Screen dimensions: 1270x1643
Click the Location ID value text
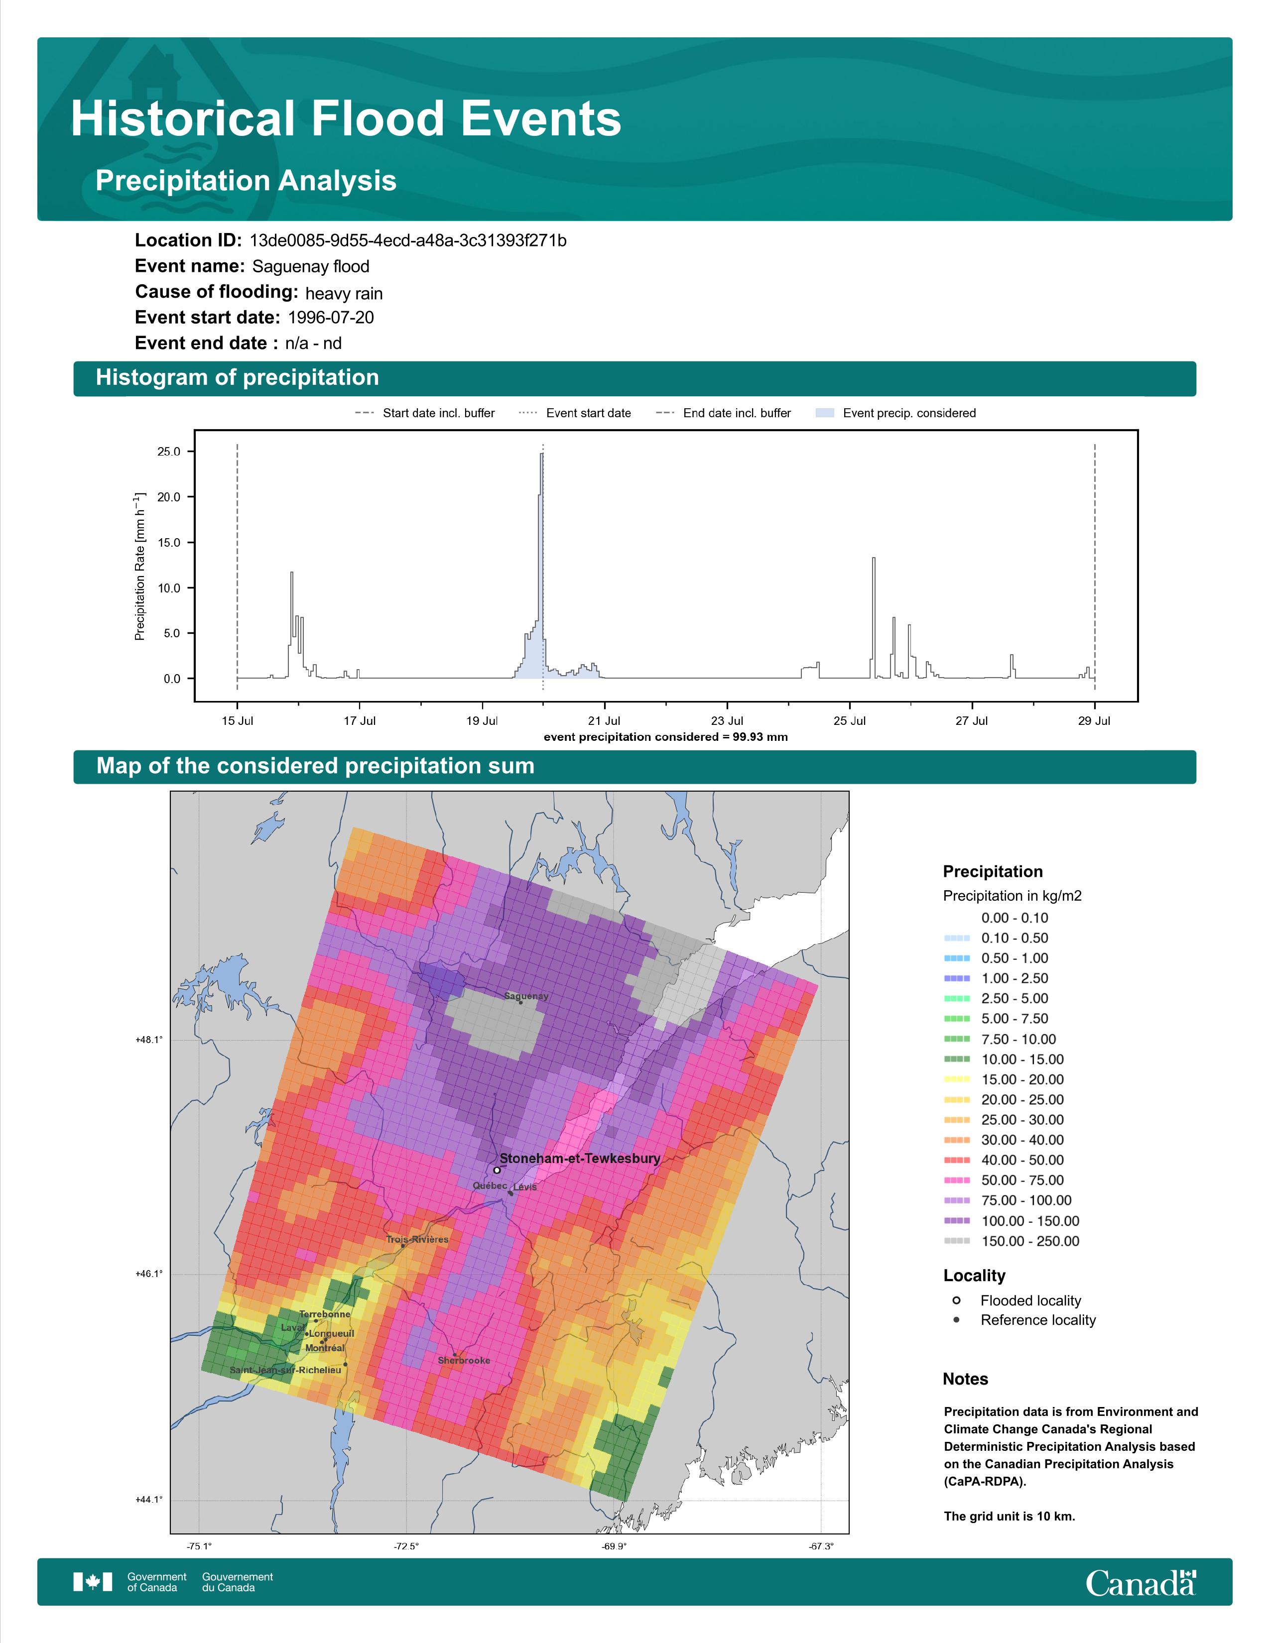pos(408,241)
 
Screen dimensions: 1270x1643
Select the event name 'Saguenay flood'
pos(311,266)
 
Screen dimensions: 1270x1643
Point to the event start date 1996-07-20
pos(331,318)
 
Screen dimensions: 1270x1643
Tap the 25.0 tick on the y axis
pos(168,452)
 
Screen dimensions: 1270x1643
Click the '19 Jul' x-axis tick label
pos(482,721)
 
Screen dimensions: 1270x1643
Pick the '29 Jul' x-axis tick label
pos(1094,721)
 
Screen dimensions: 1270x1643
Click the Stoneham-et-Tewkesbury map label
pos(579,1159)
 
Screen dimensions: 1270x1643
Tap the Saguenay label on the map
pos(526,996)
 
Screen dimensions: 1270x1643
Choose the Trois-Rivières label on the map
pos(417,1239)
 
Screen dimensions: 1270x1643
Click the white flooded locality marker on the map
pos(497,1170)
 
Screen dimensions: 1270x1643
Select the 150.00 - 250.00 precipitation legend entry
pos(1011,1241)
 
